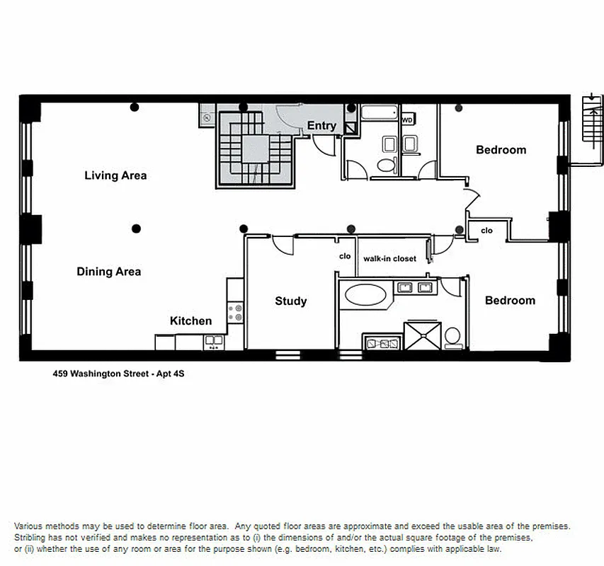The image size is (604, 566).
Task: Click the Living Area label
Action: coord(115,175)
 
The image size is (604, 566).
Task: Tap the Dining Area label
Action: coord(108,272)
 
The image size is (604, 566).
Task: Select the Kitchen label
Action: coord(190,321)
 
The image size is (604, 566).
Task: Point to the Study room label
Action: coord(290,301)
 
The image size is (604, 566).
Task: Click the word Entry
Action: coord(321,127)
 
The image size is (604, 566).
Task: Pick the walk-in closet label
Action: coord(389,259)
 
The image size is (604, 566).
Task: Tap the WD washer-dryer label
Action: coord(407,120)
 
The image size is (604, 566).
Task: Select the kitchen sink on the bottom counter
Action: coord(213,342)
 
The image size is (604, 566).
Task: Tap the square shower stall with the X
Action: coord(423,336)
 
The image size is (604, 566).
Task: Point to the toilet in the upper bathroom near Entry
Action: coord(386,165)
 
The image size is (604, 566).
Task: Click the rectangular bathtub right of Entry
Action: coord(380,112)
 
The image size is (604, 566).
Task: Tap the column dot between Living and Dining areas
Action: coord(136,228)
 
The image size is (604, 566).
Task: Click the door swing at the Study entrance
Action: coord(283,244)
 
